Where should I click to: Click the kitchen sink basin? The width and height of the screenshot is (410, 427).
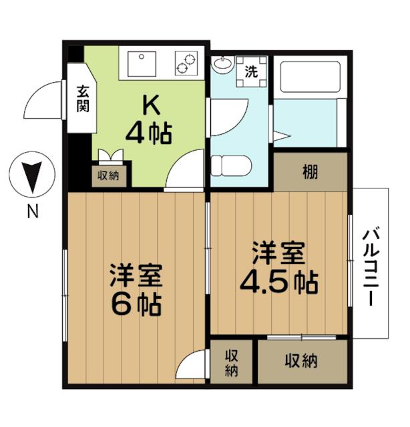(142, 64)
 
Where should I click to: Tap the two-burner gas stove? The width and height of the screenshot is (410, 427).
(186, 63)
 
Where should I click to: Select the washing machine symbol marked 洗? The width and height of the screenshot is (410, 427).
(251, 71)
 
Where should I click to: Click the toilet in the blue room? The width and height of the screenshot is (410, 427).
(231, 165)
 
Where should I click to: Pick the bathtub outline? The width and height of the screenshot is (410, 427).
(310, 77)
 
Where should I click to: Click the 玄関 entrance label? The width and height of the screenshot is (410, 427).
(83, 99)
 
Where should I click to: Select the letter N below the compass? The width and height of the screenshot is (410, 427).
(33, 211)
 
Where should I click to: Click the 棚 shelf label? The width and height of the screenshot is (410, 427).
(311, 172)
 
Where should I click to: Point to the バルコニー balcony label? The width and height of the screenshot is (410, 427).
(371, 268)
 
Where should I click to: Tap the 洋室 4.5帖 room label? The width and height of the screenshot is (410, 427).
(278, 268)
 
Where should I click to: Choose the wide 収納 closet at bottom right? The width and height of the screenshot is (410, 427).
(302, 361)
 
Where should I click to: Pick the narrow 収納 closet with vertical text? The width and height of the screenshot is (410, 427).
(232, 362)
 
